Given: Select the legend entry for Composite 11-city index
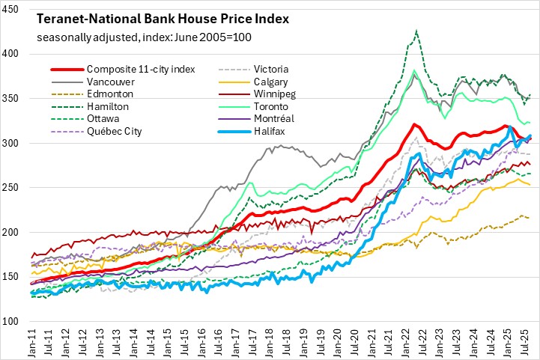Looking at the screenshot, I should [x=141, y=70].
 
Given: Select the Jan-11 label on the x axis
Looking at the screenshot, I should [x=34, y=341].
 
